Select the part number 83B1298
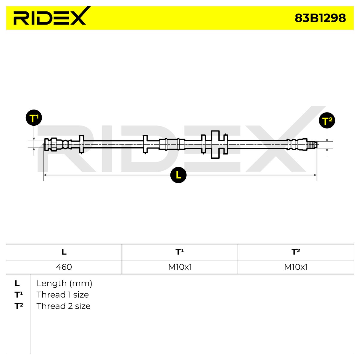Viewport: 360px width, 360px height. pyautogui.click(x=320, y=18)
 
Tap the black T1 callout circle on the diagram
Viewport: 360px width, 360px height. pyautogui.click(x=34, y=118)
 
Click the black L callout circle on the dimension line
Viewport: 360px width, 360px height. pyautogui.click(x=178, y=175)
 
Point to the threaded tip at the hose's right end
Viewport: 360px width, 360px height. pyautogui.click(x=312, y=144)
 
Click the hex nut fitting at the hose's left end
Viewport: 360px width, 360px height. pyautogui.click(x=54, y=144)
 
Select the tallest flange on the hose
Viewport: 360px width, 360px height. pyautogui.click(x=215, y=145)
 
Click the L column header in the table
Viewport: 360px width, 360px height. pyautogui.click(x=64, y=252)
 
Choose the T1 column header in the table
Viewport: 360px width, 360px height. pyautogui.click(x=180, y=252)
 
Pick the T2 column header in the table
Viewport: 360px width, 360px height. pyautogui.click(x=296, y=252)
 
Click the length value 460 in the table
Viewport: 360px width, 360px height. pyautogui.click(x=64, y=267)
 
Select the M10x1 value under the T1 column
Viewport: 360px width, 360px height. pyautogui.click(x=180, y=267)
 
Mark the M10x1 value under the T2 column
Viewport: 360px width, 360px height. pyautogui.click(x=296, y=267)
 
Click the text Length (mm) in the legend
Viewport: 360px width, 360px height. pyautogui.click(x=64, y=283)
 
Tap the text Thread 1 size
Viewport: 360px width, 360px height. pyautogui.click(x=63, y=295)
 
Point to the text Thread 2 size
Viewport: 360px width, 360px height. pyautogui.click(x=64, y=306)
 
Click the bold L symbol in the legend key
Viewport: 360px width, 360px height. pyautogui.click(x=17, y=283)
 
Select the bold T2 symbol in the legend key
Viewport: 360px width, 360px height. pyautogui.click(x=19, y=306)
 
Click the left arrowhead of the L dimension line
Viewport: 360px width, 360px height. pyautogui.click(x=45, y=175)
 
